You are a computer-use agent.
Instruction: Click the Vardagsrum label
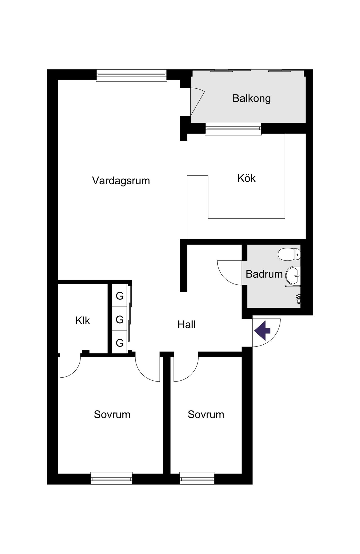[121, 181]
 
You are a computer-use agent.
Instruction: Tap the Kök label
[246, 178]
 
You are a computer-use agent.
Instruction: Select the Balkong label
[251, 98]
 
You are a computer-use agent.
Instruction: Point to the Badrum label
[264, 274]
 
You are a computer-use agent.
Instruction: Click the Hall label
[186, 325]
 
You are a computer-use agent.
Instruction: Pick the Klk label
[83, 320]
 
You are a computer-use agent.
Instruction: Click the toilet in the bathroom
[289, 254]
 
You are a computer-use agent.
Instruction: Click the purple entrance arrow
[262, 331]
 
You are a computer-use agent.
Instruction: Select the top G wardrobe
[120, 296]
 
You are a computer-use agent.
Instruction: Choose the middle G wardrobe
[120, 319]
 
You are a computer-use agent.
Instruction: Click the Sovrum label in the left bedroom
[112, 414]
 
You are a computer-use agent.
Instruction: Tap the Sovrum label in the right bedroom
[206, 414]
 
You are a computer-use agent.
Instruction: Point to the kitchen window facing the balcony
[233, 129]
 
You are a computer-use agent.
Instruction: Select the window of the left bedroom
[111, 478]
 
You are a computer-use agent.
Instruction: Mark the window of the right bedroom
[197, 478]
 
